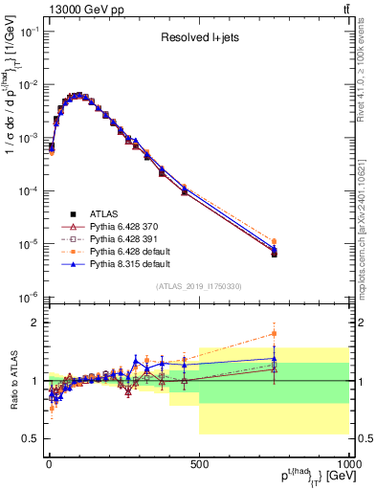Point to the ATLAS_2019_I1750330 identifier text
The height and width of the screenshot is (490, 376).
[198, 286]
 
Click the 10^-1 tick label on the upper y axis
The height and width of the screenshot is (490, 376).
[28, 32]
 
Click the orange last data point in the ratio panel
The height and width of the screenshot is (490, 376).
[274, 334]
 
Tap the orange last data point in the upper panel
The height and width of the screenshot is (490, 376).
[274, 242]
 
